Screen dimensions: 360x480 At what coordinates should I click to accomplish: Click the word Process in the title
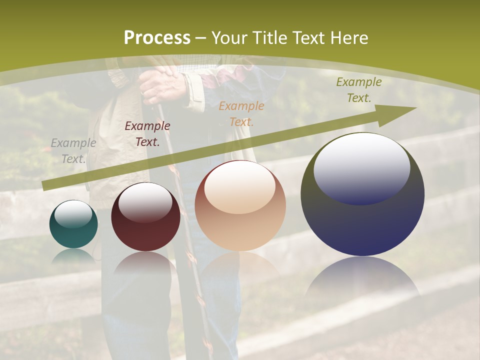point(157,37)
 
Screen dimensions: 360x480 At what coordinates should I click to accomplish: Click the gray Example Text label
point(73,151)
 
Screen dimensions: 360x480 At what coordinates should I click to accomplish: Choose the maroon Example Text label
point(147,134)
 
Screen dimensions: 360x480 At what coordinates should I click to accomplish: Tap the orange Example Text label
point(241,114)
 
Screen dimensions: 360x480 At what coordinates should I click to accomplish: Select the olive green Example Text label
point(359,90)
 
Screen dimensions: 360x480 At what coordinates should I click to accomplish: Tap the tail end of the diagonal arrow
point(46,185)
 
